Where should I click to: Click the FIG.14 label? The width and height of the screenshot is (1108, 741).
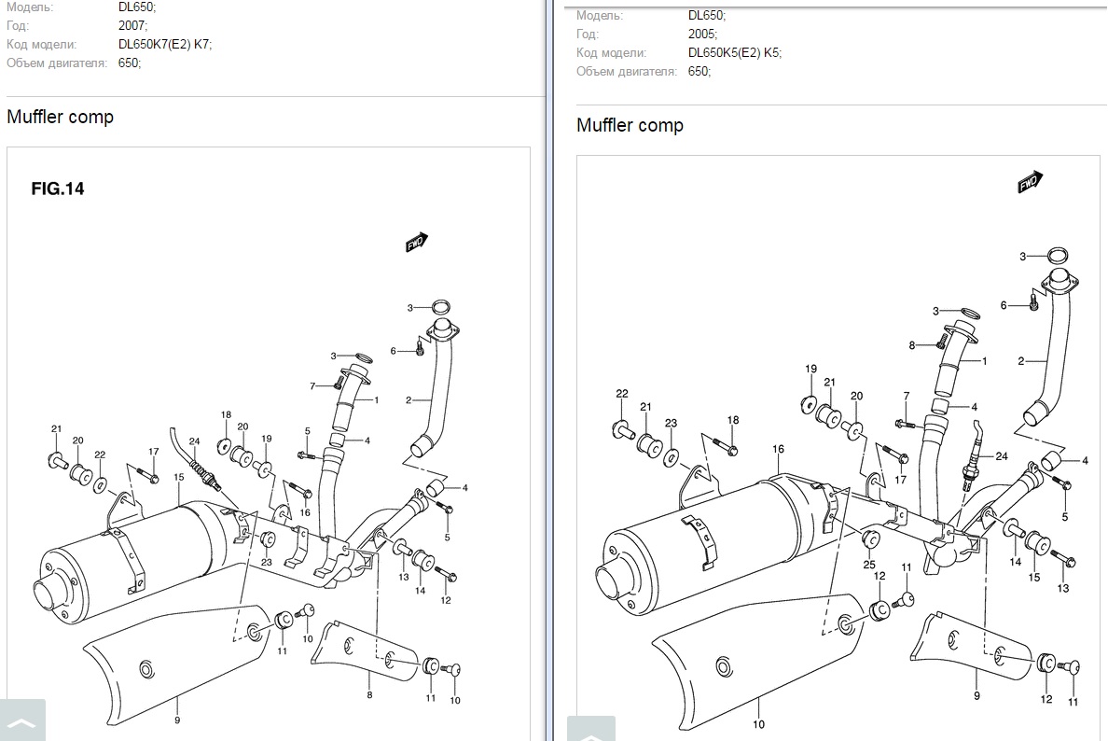(x=58, y=189)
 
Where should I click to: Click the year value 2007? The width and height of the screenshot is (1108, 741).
(x=131, y=26)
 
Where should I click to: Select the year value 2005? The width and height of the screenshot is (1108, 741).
(x=701, y=35)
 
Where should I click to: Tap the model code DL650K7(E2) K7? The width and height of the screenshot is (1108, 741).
(x=165, y=45)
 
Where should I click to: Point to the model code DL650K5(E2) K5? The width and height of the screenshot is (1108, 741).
(x=734, y=53)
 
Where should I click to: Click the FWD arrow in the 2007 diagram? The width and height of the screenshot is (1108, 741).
(x=416, y=243)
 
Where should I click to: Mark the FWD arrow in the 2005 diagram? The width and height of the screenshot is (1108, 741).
(x=1030, y=181)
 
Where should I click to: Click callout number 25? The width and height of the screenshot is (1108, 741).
(x=868, y=566)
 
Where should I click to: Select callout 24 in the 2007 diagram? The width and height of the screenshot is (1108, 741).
(x=194, y=442)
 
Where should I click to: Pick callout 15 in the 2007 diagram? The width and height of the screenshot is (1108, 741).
(x=178, y=477)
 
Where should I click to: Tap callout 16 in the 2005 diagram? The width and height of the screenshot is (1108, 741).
(x=779, y=450)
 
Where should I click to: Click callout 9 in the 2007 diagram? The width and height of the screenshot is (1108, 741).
(x=176, y=720)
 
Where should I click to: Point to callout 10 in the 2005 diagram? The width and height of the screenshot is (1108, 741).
(x=758, y=724)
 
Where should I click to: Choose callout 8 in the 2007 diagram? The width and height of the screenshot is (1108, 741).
(x=369, y=695)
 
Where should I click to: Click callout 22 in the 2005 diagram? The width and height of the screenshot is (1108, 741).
(x=622, y=394)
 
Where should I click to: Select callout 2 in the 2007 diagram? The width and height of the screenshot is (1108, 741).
(x=409, y=400)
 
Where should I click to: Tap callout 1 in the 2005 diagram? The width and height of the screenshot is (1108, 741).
(x=983, y=360)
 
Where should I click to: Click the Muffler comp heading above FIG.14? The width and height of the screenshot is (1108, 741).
(x=60, y=118)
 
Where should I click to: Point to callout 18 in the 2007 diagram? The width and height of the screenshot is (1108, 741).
(x=226, y=415)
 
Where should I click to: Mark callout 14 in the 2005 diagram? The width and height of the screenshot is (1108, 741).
(x=1016, y=562)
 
